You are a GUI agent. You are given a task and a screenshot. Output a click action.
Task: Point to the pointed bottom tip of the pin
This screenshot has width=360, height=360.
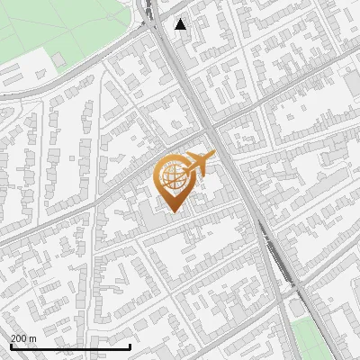[173, 212]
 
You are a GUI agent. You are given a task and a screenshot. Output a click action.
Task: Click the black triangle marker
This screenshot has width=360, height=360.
[182, 24]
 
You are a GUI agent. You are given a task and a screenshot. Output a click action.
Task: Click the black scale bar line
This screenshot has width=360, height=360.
[70, 346]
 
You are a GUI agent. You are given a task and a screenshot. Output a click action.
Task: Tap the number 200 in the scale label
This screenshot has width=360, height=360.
[19, 338]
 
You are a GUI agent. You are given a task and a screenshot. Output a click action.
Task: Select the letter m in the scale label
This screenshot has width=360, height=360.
[32, 338]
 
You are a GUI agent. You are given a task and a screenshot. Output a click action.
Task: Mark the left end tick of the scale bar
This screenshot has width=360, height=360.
[10, 345]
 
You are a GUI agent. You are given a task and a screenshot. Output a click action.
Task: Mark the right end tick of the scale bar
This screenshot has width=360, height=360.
[130, 345]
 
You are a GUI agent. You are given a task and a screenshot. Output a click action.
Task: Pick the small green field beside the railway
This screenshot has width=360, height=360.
[310, 337]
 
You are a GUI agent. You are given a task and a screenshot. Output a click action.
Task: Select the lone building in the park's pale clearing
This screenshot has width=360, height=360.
[58, 60]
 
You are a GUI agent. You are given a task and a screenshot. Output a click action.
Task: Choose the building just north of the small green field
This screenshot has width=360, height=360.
[305, 310]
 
